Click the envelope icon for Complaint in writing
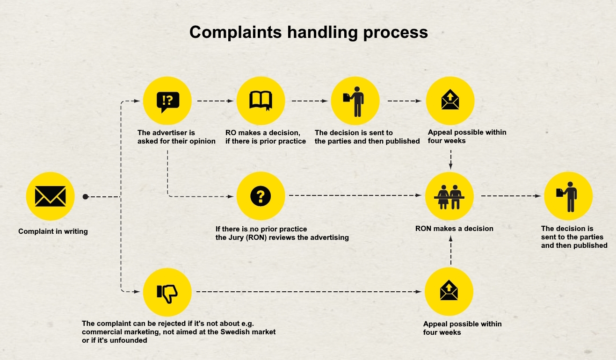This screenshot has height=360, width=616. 50,196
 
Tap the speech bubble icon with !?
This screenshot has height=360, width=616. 167,101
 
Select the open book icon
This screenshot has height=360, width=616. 261,101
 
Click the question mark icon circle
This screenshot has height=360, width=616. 261,196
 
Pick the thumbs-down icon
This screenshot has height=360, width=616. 167,292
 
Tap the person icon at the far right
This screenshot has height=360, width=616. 568,196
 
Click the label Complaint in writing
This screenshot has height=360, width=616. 53,231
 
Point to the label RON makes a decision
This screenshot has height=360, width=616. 454,229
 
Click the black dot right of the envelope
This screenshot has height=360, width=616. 85,197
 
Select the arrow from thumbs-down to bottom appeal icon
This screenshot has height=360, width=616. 309,292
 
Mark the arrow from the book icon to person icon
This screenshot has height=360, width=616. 308,101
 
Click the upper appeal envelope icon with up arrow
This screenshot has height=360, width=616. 450,101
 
